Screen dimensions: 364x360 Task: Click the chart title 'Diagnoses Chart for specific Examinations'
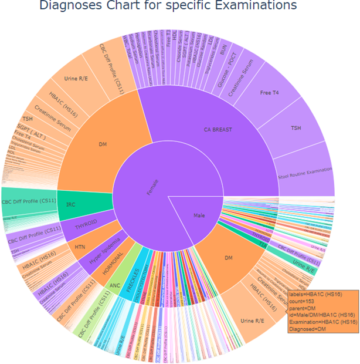pos(168,6)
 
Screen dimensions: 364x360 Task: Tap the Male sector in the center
pos(199,215)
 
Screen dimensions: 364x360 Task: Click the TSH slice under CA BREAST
pos(296,127)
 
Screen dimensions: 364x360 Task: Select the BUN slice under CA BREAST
pos(223,53)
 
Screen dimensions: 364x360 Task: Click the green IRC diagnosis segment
pos(70,203)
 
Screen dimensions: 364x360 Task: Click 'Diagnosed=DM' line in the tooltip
pos(310,329)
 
